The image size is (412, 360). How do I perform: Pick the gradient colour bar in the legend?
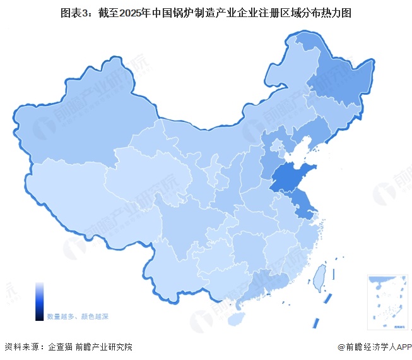39,302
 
